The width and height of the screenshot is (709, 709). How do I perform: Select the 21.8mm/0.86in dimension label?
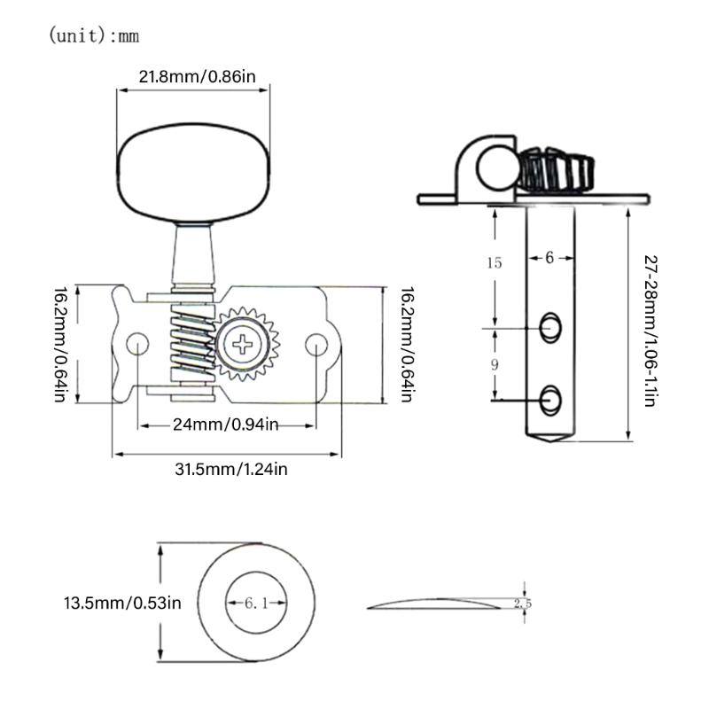(x=197, y=77)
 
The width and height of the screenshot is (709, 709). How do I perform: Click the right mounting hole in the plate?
(x=316, y=344)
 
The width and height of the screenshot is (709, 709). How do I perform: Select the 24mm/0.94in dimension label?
(x=226, y=425)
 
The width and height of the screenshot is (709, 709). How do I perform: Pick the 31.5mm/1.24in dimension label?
(x=229, y=469)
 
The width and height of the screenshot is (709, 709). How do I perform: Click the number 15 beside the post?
(x=495, y=262)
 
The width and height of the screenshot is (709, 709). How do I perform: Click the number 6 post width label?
(x=549, y=257)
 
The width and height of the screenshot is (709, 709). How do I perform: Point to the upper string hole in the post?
(x=550, y=327)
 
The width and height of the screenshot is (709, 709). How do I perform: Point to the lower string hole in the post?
(x=550, y=399)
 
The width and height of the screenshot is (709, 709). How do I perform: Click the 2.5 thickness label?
(x=522, y=603)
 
